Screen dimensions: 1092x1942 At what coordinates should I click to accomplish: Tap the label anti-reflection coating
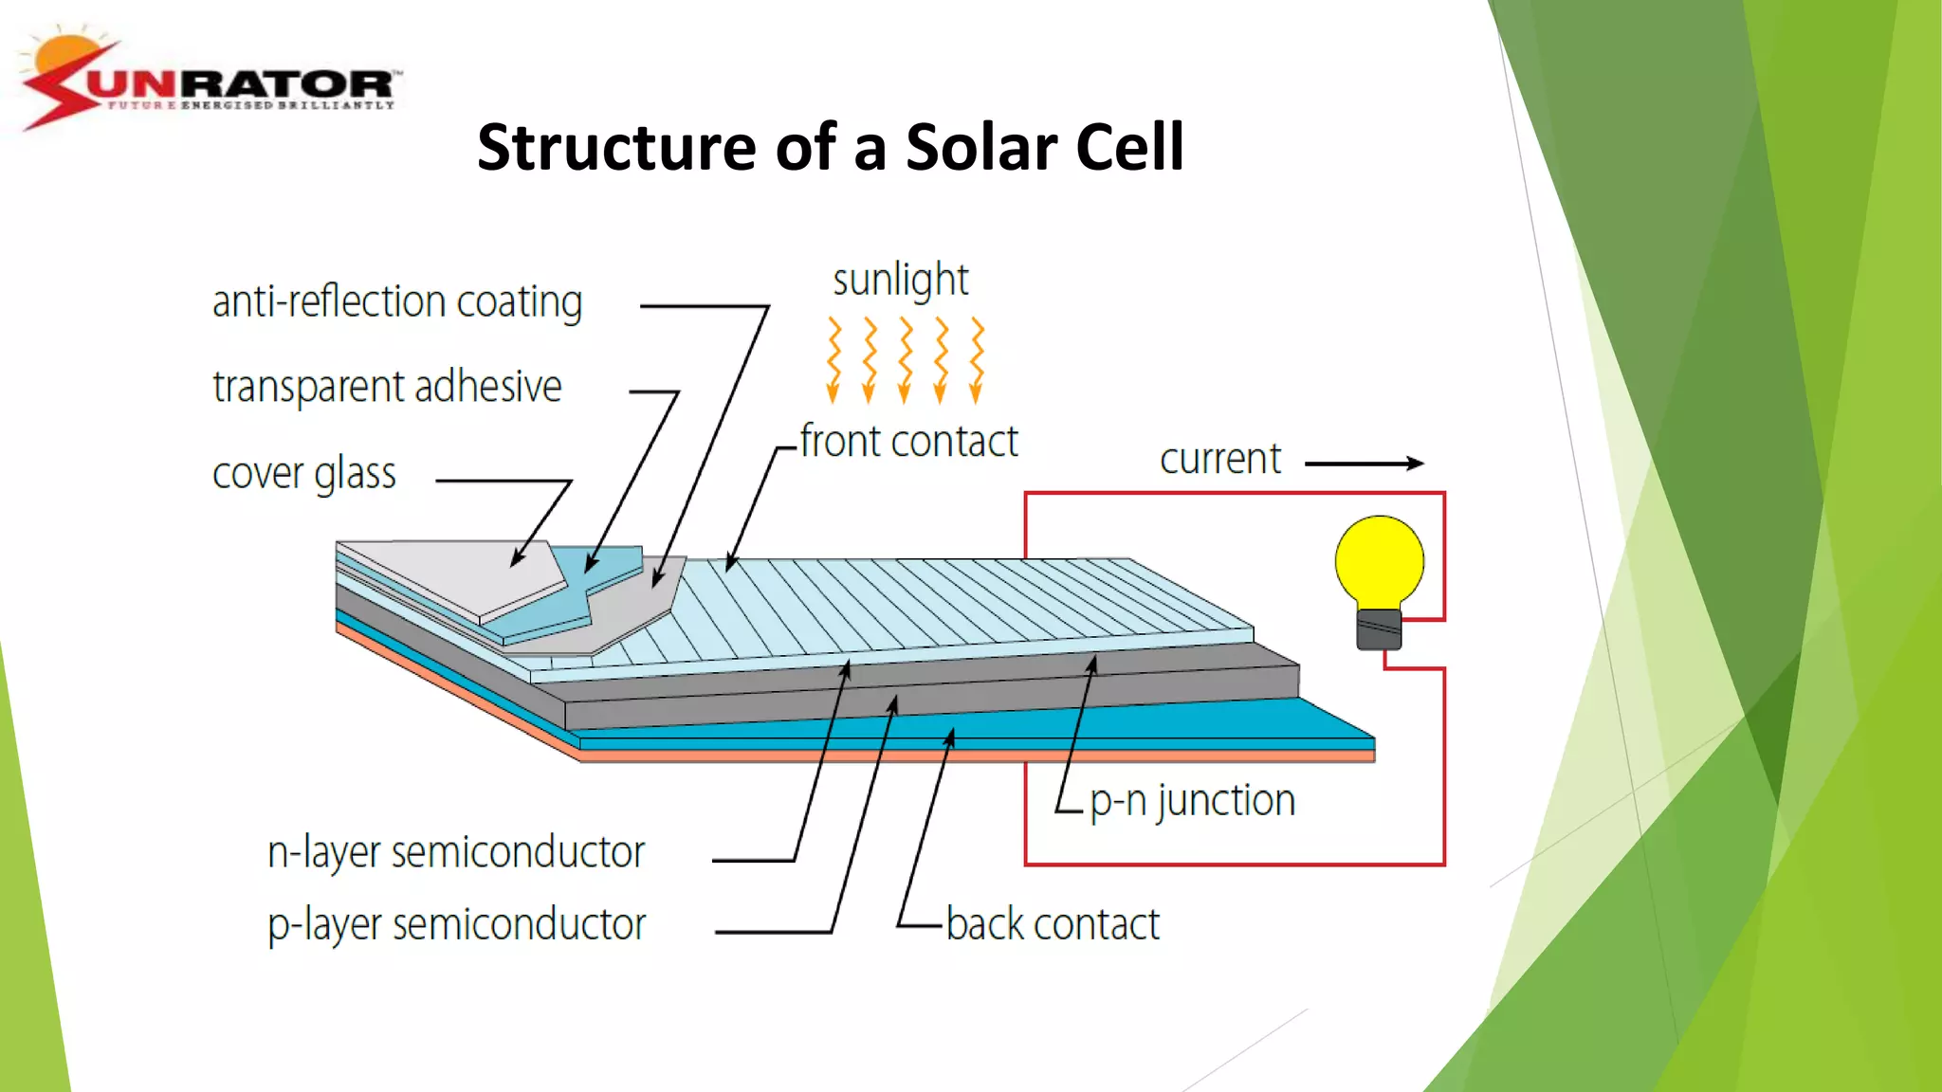tap(396, 302)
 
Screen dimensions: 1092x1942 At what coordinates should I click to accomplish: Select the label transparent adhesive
tap(387, 387)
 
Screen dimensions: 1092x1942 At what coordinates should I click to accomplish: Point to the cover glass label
tap(303, 473)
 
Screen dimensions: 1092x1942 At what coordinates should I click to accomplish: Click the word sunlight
tap(900, 281)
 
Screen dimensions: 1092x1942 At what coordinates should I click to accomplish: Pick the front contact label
tap(908, 442)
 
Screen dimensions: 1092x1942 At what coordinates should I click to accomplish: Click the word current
tap(1219, 460)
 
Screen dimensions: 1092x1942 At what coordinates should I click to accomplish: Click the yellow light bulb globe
tap(1379, 561)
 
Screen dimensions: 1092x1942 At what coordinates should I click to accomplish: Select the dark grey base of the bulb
tap(1379, 629)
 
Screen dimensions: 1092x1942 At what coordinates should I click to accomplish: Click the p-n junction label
tap(1192, 801)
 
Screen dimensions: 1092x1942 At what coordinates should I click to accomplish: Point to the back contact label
tap(1053, 924)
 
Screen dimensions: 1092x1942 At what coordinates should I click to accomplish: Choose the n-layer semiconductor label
tap(455, 852)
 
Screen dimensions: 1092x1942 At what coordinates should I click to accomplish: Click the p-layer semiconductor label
tap(456, 924)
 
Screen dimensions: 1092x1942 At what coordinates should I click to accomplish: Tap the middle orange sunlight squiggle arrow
tap(906, 360)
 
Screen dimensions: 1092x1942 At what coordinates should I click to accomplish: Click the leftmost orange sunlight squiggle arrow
tap(834, 360)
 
